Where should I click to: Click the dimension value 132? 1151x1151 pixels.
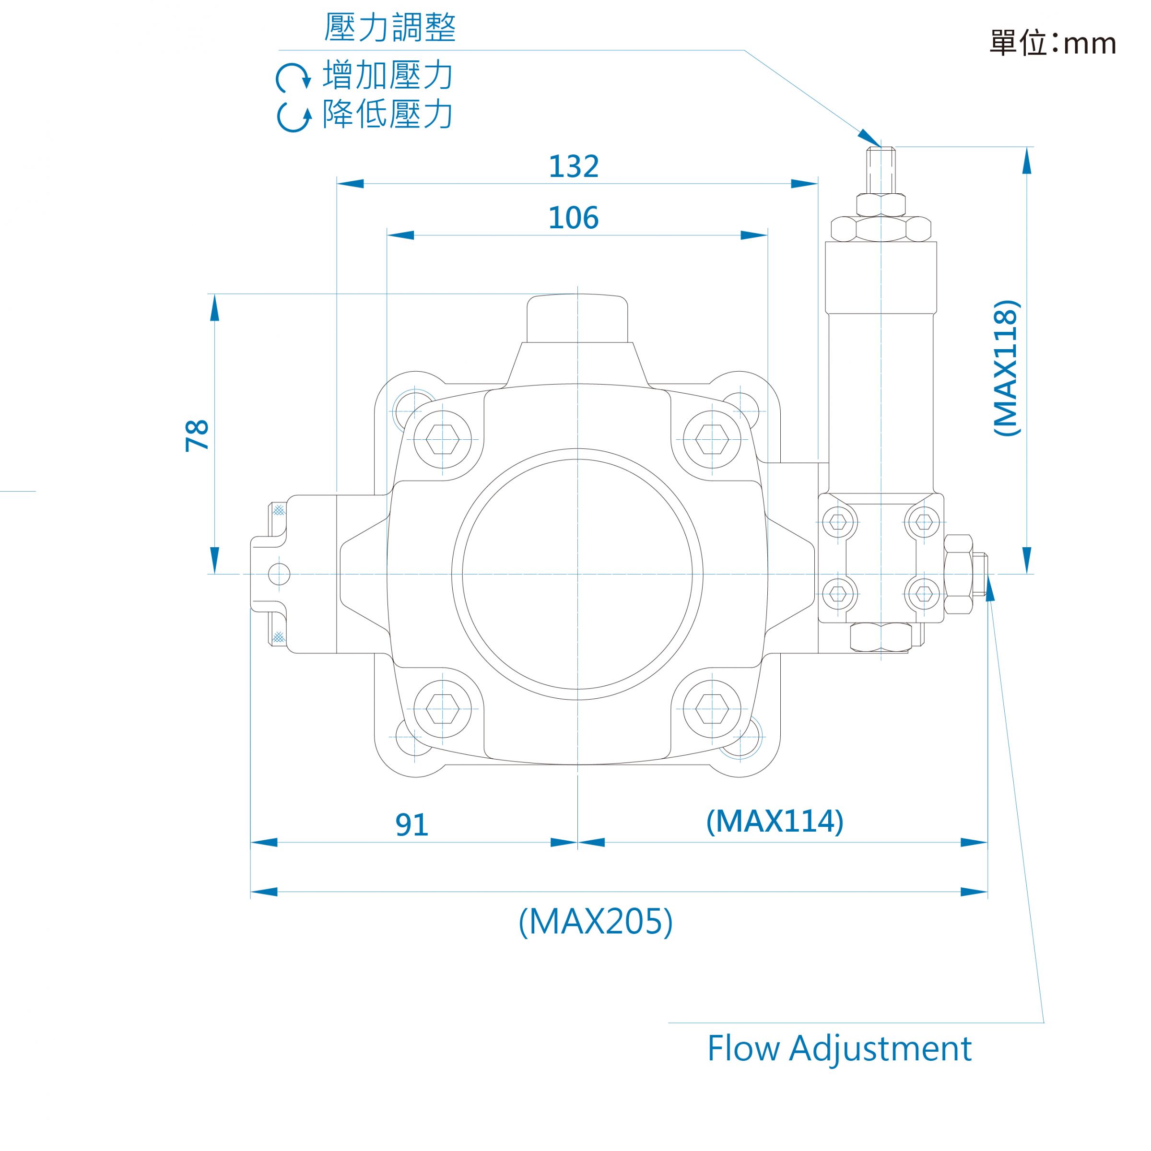(x=573, y=166)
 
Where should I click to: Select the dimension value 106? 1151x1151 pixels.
(x=573, y=218)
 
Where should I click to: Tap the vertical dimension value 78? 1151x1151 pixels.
(x=197, y=435)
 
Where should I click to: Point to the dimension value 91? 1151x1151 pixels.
(x=411, y=825)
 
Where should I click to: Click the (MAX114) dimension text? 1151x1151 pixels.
(x=775, y=821)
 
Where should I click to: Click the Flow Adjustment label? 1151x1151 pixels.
(x=839, y=1048)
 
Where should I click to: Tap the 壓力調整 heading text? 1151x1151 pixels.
(x=390, y=27)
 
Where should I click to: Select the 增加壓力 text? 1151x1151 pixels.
(x=388, y=75)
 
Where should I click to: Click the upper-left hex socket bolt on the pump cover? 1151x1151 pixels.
(x=443, y=440)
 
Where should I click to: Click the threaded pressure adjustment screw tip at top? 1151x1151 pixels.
(x=881, y=170)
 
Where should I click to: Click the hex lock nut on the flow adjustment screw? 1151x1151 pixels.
(x=959, y=575)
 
